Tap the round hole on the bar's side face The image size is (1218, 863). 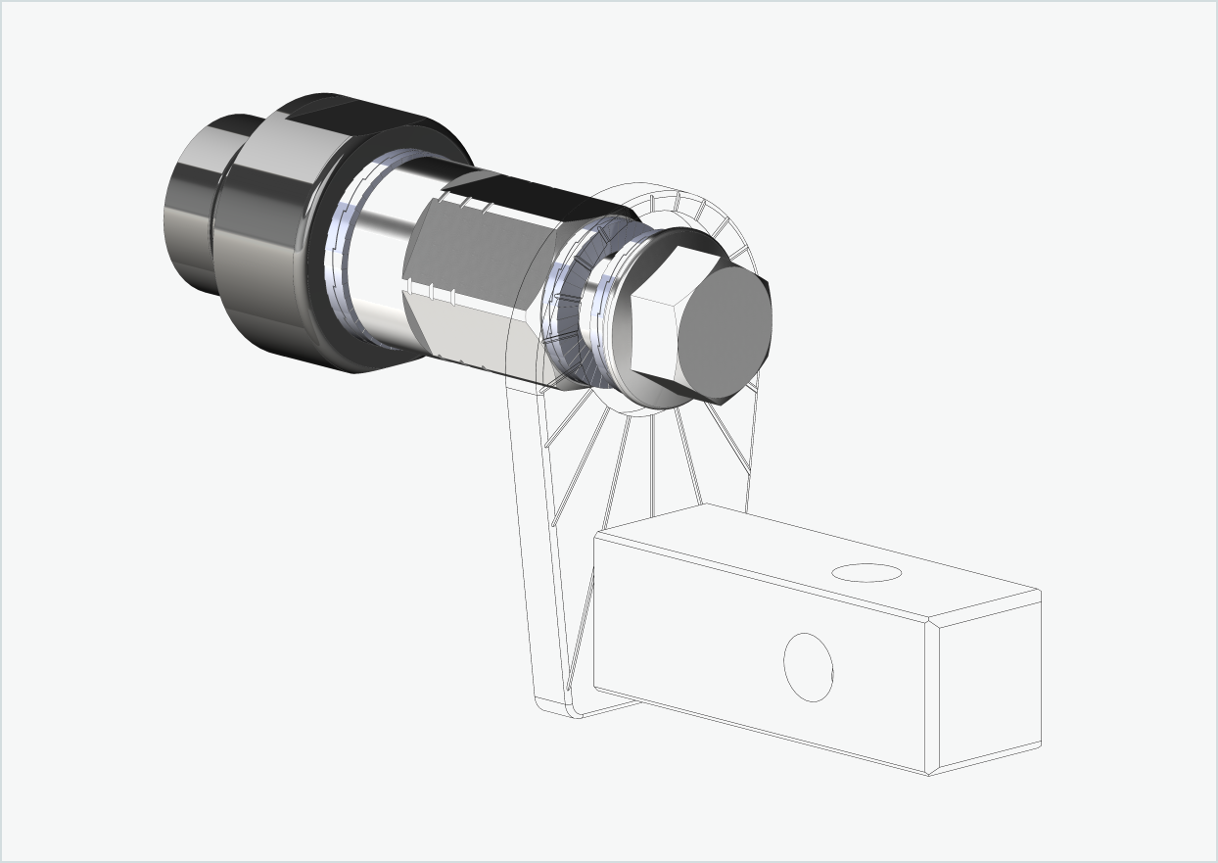click(808, 667)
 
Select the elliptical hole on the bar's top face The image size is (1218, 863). click(866, 572)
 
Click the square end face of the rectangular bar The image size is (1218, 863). click(983, 686)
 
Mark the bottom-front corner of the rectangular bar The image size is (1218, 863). click(928, 772)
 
